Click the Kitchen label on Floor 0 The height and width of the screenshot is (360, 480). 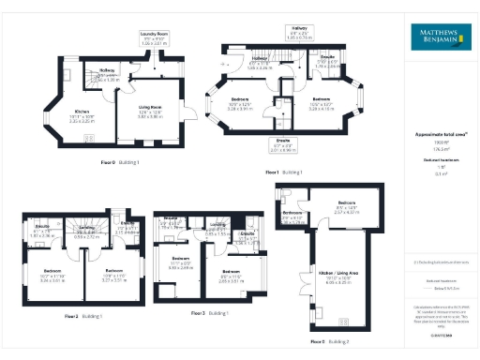pyautogui.click(x=82, y=116)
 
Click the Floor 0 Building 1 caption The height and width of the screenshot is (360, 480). pyautogui.click(x=120, y=162)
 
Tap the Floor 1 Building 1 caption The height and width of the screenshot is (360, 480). pyautogui.click(x=285, y=172)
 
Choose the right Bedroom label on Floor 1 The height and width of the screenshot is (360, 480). pyautogui.click(x=321, y=101)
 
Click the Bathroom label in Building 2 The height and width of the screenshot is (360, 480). pyautogui.click(x=292, y=216)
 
